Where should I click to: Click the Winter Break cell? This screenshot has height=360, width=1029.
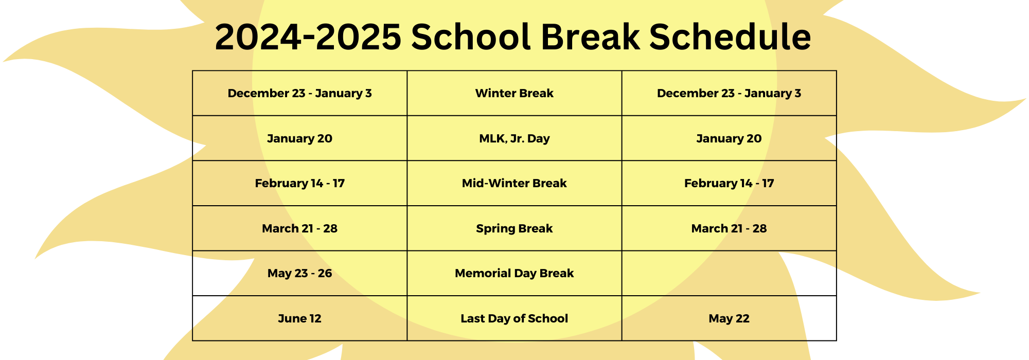click(x=514, y=93)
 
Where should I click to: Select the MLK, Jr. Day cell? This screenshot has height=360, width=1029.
click(x=514, y=138)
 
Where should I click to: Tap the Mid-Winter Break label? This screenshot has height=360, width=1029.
click(x=514, y=183)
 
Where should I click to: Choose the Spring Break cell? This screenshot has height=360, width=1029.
click(x=514, y=228)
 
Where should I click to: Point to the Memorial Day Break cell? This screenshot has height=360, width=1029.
click(x=514, y=273)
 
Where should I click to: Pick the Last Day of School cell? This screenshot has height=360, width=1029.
click(x=514, y=318)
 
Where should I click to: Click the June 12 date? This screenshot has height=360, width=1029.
click(x=299, y=318)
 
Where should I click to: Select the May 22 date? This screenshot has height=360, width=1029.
click(x=729, y=318)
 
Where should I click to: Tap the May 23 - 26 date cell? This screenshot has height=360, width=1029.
click(x=300, y=273)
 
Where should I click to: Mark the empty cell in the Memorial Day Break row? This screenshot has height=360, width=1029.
click(x=729, y=273)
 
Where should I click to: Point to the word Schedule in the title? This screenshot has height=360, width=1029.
click(x=730, y=37)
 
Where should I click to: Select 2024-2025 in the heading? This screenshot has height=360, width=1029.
click(x=308, y=37)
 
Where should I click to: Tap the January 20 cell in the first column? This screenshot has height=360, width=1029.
click(x=300, y=138)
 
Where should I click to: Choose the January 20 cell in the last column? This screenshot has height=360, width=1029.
click(x=729, y=138)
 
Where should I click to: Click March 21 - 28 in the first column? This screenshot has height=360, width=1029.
click(x=300, y=228)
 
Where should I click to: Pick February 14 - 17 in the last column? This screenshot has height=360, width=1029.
click(x=729, y=183)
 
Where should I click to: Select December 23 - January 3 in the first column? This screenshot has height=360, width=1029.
click(x=300, y=93)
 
